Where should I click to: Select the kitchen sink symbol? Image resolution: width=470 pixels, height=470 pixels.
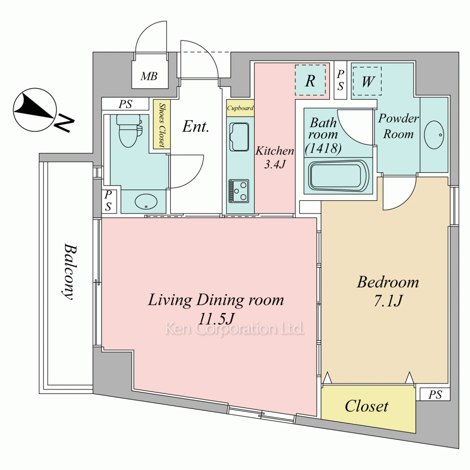(239, 137)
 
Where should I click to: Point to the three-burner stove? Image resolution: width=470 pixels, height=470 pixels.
(239, 191)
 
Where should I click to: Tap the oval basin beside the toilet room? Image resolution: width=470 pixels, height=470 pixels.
(146, 202)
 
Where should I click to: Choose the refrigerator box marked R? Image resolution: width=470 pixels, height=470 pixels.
(310, 80)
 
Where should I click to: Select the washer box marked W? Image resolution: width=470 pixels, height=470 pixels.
(367, 81)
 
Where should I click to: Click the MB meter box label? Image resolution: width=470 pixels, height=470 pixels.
(149, 77)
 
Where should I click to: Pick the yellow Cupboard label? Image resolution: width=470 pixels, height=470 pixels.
(240, 108)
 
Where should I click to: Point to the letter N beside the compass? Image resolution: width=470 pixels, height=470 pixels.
(64, 123)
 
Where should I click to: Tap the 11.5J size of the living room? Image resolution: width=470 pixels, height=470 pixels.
(216, 319)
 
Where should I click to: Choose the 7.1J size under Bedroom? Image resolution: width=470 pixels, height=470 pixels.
(388, 301)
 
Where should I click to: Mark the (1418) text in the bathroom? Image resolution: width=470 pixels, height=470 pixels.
(323, 148)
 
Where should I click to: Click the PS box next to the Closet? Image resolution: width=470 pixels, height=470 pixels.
(435, 394)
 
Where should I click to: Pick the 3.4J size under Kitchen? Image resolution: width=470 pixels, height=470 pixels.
(274, 164)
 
